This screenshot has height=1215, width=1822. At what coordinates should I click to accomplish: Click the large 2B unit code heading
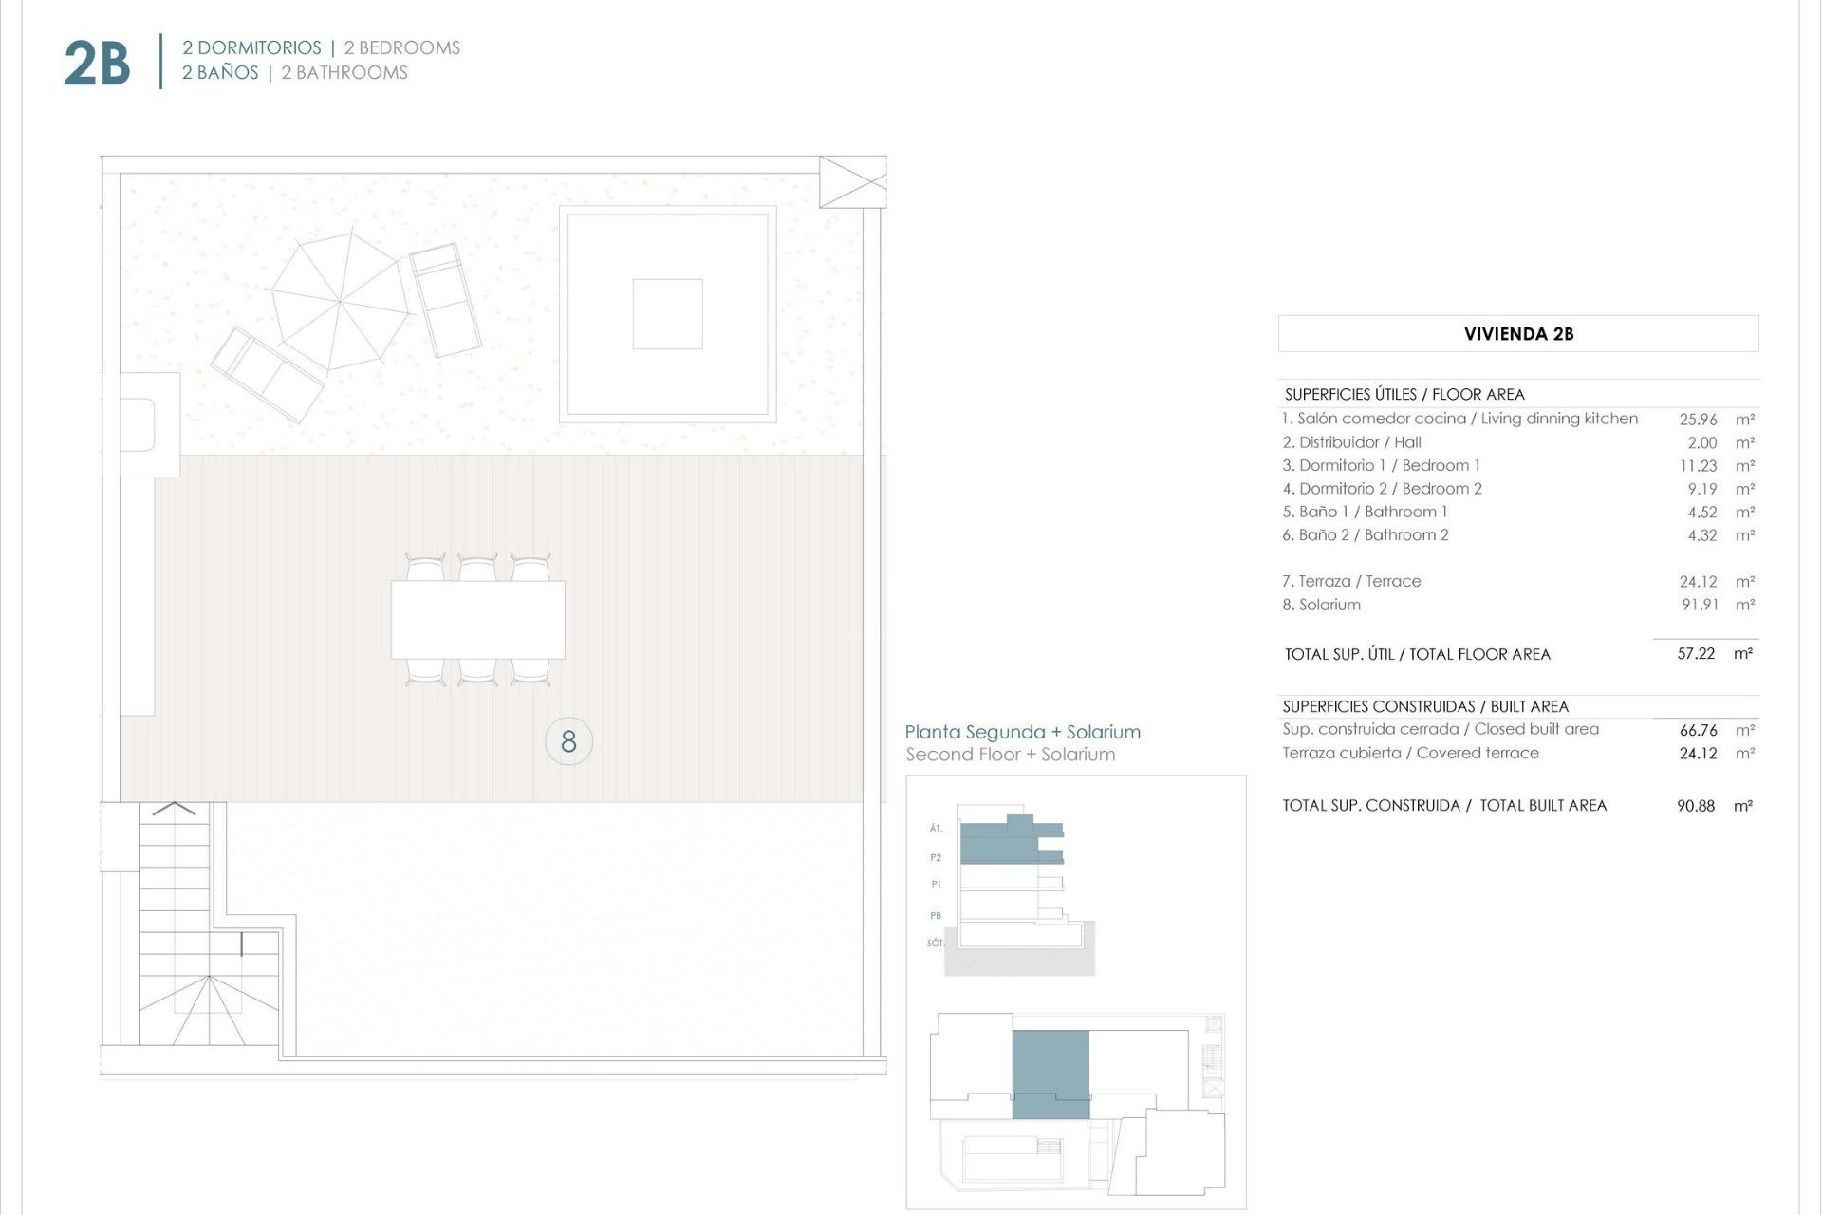[97, 64]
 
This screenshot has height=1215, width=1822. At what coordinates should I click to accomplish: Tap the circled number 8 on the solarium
[568, 741]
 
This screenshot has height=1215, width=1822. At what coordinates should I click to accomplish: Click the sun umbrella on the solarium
[339, 302]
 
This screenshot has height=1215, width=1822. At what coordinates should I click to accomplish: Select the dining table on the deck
[478, 620]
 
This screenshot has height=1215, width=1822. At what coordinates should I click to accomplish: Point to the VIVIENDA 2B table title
[1518, 334]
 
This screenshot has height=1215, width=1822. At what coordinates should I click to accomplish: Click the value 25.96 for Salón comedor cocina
[1698, 419]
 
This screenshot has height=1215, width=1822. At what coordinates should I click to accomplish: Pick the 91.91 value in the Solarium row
[1700, 605]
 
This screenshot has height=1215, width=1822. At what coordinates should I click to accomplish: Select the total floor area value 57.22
[1696, 654]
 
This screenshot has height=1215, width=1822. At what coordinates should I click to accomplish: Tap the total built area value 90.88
[1696, 806]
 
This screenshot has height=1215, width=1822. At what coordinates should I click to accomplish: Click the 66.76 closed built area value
[1698, 730]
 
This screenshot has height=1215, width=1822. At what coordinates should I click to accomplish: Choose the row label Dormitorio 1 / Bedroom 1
[1381, 465]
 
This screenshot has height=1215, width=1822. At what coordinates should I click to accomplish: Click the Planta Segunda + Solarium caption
[1022, 732]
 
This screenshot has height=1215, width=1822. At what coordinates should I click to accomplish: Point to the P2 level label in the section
[936, 857]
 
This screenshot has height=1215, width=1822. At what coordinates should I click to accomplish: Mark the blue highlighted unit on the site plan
[1050, 1074]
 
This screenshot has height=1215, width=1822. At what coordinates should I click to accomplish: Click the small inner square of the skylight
[667, 314]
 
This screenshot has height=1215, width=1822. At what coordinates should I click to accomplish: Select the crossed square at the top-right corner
[852, 181]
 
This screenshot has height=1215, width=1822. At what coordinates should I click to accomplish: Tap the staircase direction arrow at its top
[174, 809]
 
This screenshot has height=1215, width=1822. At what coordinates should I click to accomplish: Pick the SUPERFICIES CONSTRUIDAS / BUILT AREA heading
[1424, 706]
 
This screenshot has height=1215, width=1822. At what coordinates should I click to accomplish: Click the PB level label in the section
[936, 916]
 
